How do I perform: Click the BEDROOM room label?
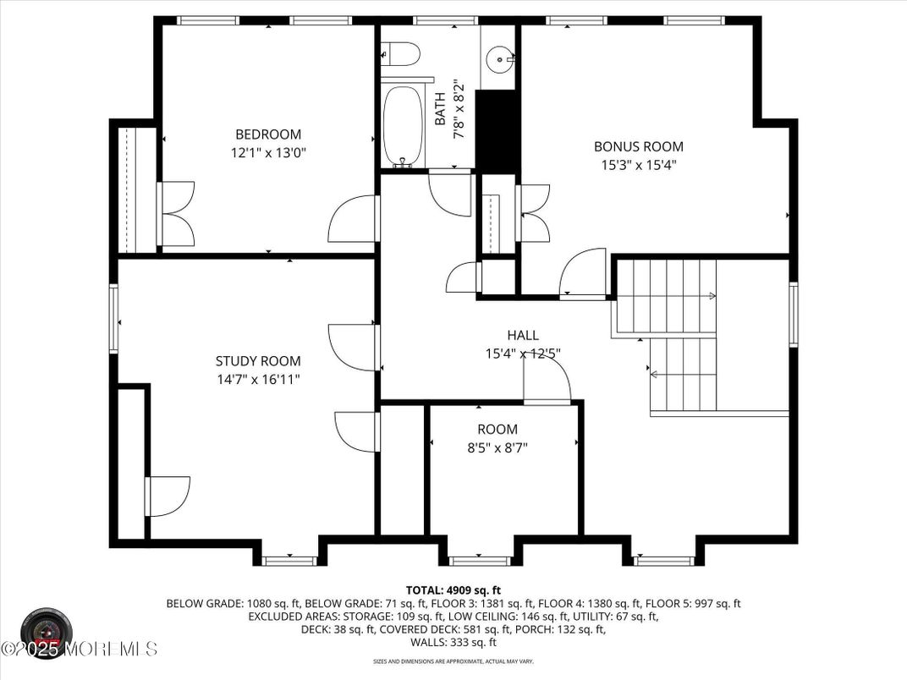coord(267,134)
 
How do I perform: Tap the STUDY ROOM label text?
coord(257,361)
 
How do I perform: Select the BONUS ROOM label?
coord(638,146)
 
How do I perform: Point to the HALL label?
coord(522,336)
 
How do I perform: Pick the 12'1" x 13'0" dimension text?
coord(267,153)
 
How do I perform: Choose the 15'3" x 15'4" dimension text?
coord(638,166)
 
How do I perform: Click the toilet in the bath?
coord(400,55)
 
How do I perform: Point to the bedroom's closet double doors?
coord(177,215)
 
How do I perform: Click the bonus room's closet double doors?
coord(534,213)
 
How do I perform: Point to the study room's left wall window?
coord(113,319)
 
